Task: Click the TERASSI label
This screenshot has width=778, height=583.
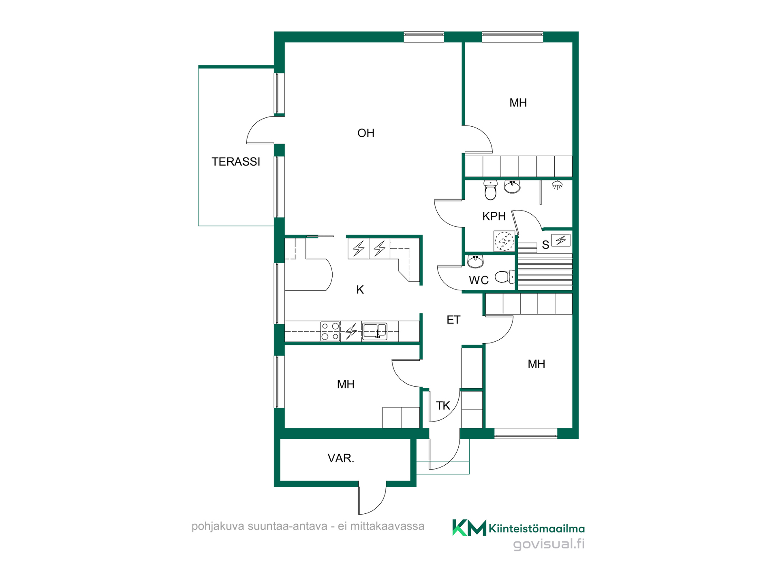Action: (x=236, y=162)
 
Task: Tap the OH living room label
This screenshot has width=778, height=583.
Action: (x=366, y=133)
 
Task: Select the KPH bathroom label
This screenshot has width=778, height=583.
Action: (x=494, y=216)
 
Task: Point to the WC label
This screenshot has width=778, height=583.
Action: (x=479, y=280)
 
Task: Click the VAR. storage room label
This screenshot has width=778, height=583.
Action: (x=341, y=458)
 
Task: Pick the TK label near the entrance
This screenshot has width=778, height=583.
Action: (x=443, y=406)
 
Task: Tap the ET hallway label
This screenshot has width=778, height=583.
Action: (x=453, y=320)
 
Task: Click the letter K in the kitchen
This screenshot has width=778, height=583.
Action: (x=360, y=290)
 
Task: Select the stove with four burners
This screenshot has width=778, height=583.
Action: (x=330, y=331)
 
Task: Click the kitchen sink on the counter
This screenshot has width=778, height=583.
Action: (x=374, y=331)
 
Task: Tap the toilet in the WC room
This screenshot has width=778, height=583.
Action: (x=505, y=277)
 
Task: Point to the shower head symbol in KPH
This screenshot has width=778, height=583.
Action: (x=557, y=185)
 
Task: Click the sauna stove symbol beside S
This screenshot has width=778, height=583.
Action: (x=561, y=240)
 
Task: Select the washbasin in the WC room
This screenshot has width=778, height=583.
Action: (x=475, y=261)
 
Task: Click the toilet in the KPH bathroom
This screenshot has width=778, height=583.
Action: (x=491, y=190)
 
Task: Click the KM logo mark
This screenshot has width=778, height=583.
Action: (x=469, y=528)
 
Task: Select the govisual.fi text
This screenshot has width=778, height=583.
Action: (x=549, y=544)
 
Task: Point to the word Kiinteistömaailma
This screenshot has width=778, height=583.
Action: (x=536, y=528)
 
